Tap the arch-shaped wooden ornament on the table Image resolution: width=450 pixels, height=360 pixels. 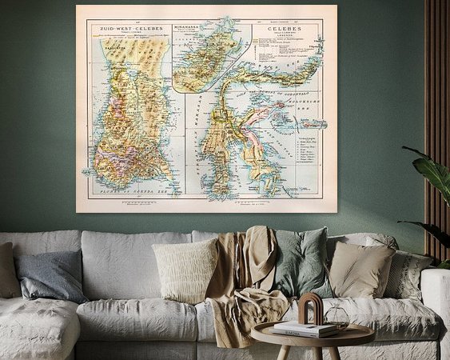(310, 309)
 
